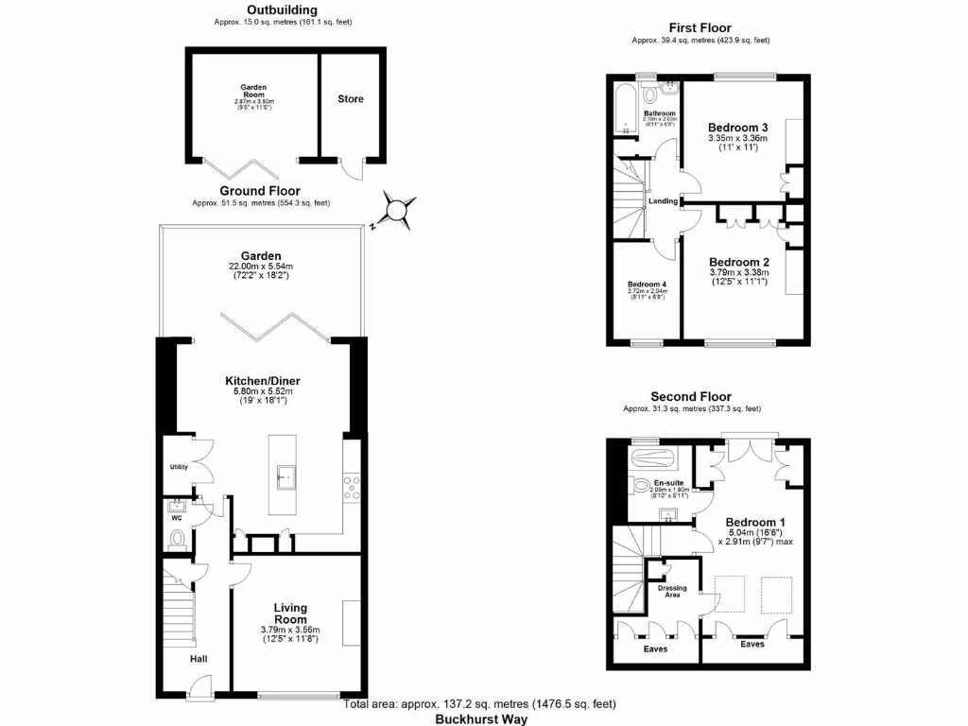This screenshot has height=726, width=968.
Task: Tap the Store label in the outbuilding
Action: point(350,98)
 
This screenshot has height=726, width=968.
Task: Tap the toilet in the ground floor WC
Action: point(177,539)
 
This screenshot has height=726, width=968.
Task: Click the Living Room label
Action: point(290,614)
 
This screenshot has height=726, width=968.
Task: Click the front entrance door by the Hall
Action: point(201,695)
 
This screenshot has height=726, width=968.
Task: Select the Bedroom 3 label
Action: point(737,128)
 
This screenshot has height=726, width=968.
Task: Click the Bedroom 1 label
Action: point(754,522)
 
